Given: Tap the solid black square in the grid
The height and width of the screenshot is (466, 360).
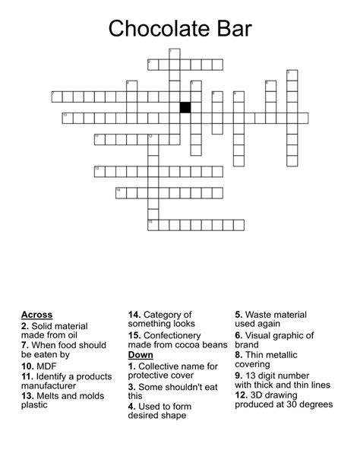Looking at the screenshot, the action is tap(185, 107).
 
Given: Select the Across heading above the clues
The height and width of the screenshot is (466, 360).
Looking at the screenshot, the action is tap(37, 315).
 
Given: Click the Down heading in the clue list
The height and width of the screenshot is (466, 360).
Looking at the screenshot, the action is tap(141, 354).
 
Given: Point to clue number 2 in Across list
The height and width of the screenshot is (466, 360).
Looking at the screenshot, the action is tap(25, 325).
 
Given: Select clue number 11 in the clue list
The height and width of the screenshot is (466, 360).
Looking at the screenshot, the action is tap(27, 376).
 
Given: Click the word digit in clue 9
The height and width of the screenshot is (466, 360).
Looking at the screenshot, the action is tap(273, 376).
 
